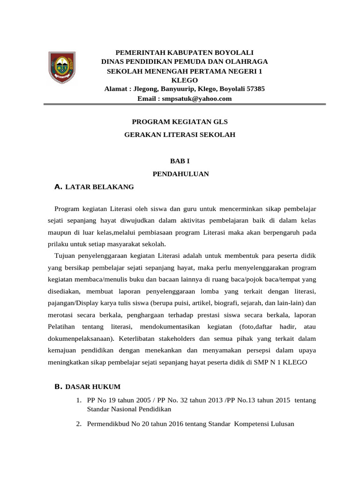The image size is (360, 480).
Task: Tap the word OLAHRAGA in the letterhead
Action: pos(248,61)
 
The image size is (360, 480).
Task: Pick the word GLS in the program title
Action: pos(220,121)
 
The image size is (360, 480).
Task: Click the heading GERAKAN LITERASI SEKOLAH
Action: pos(180,135)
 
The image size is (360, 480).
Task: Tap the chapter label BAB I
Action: pos(180,161)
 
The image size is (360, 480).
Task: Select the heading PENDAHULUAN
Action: pos(180,174)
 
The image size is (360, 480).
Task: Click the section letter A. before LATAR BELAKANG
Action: pos(59,187)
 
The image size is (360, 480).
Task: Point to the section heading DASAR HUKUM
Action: pos(93,387)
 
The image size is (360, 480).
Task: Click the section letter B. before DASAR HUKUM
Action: pos(59,387)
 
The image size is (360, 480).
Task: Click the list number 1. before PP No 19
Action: pos(79,400)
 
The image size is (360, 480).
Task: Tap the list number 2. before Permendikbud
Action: pos(79,424)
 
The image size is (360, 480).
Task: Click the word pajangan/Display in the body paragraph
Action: pos(73,303)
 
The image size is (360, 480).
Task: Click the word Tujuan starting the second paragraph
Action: pos(66,256)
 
